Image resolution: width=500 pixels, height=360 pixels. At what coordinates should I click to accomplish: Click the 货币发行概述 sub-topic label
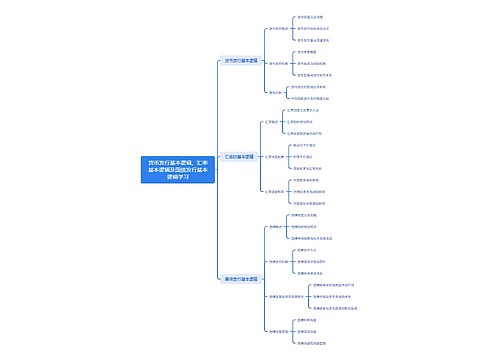(279, 29)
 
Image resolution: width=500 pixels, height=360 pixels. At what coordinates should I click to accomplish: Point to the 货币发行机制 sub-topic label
(279, 61)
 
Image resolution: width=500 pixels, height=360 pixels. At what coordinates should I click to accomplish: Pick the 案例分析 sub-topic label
(275, 93)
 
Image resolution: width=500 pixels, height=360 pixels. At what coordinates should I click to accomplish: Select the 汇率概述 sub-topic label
(272, 121)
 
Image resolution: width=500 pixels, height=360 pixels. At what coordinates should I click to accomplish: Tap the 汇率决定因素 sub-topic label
(276, 157)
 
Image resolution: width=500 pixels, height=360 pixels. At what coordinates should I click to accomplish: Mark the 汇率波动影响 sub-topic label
(276, 193)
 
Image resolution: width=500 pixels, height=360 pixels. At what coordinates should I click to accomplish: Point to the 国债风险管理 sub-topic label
(278, 331)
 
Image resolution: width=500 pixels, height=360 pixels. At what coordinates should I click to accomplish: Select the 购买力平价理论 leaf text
(312, 145)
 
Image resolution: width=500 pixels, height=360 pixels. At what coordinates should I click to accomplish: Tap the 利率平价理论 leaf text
(310, 157)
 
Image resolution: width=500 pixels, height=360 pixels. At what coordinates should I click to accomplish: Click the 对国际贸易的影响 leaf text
(314, 181)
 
